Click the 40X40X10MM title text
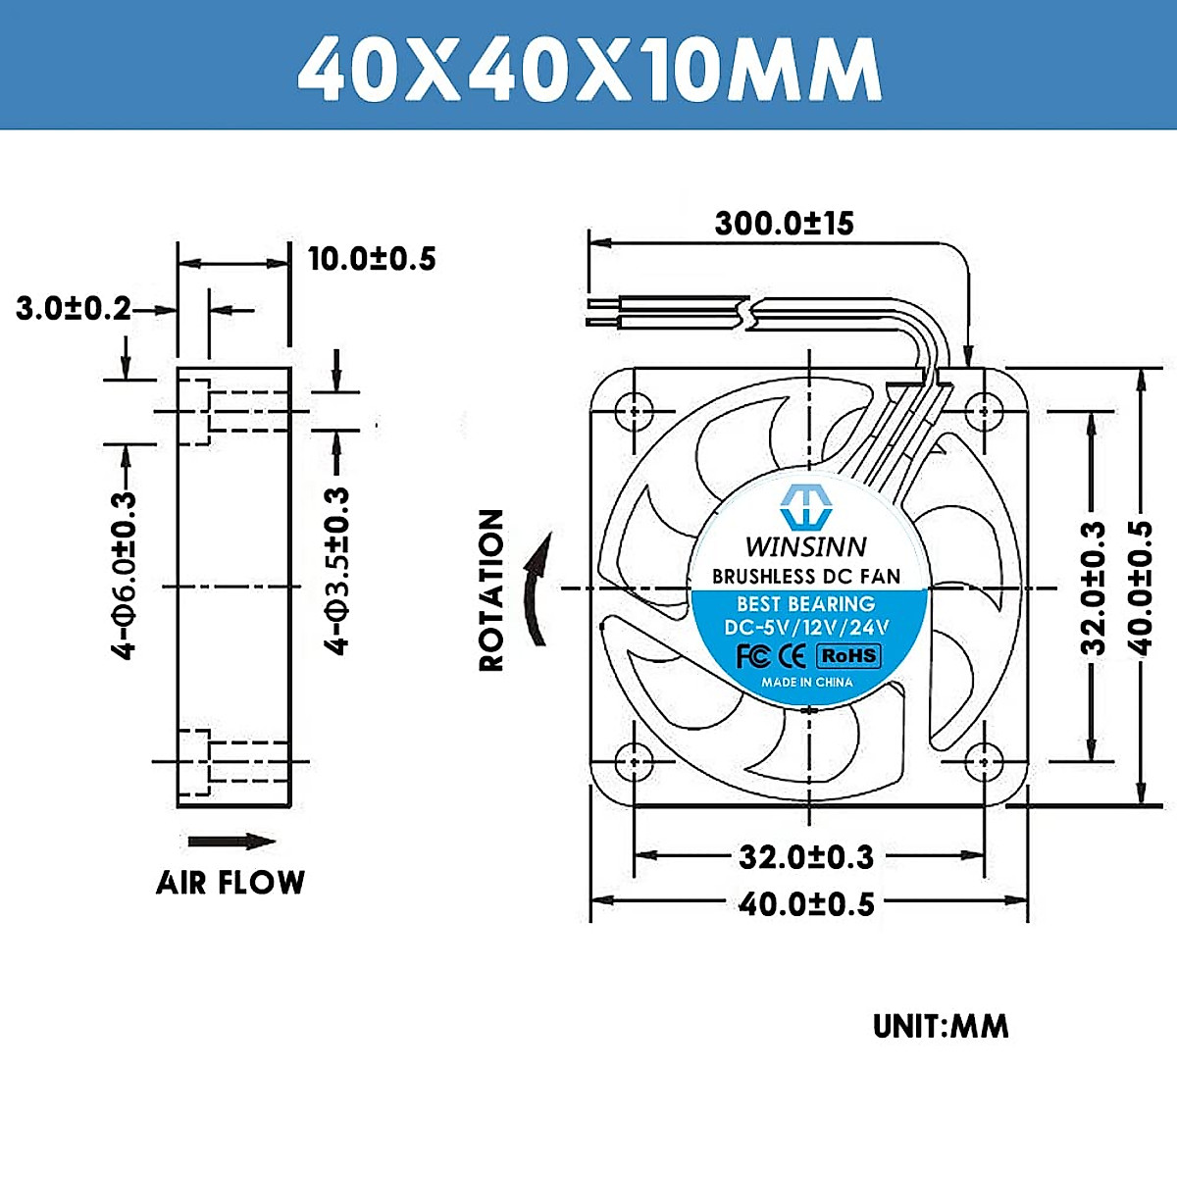(589, 69)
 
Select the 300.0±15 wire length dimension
(784, 224)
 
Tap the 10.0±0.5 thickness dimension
(372, 259)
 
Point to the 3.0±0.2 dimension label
(74, 309)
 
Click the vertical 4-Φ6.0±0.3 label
(125, 575)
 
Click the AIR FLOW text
(230, 883)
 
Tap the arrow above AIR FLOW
(231, 842)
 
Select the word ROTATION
(491, 589)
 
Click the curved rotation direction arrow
(537, 588)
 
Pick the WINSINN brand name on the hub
(806, 546)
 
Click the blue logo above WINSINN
(805, 506)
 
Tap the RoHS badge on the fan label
(849, 655)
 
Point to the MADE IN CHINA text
(807, 682)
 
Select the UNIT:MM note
(940, 1027)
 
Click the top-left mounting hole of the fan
(636, 410)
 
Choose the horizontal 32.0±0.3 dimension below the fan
(806, 857)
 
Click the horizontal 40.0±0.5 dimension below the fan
(806, 903)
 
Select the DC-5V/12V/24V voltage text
(806, 628)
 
